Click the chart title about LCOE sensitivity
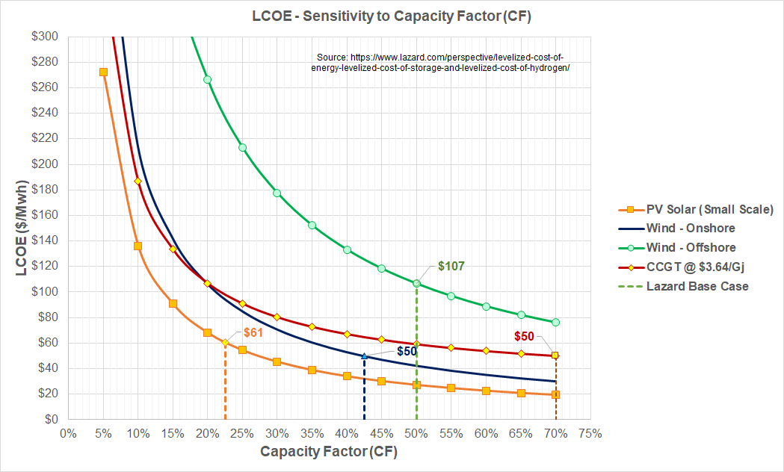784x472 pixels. point(392,15)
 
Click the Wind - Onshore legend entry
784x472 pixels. point(690,229)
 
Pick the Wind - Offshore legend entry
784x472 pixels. point(691,248)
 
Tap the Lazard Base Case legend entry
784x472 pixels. point(697,287)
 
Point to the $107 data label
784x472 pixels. point(451,266)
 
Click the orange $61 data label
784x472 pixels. point(254,333)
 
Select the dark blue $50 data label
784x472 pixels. point(407,351)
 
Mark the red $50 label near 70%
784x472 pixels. point(524,337)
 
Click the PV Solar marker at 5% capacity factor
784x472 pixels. point(103,72)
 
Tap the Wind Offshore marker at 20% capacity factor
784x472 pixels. point(208,80)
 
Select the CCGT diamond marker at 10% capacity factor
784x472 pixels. point(138,181)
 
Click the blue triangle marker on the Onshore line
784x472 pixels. point(364,356)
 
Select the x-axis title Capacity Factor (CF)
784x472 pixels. point(328,453)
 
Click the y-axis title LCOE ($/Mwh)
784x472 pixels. point(22,227)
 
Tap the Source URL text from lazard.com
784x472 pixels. point(440,62)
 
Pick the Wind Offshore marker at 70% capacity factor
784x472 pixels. point(555,323)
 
